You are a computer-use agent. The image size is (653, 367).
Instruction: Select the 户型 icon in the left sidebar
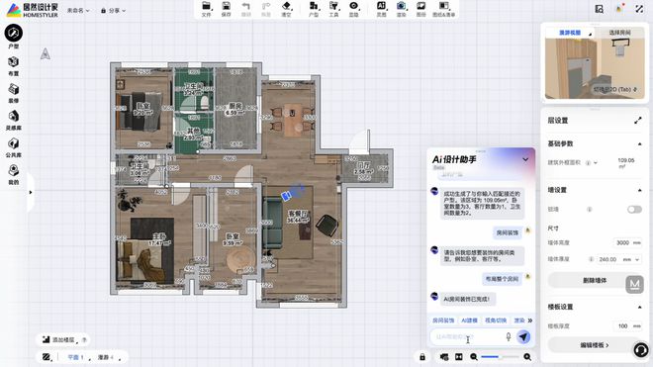[x=13, y=36]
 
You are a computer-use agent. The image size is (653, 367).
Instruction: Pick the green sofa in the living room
[x=274, y=219]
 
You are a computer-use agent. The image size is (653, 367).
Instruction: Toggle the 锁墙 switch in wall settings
[x=634, y=210]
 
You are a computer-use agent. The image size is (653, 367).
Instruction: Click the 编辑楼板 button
[x=592, y=345]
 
